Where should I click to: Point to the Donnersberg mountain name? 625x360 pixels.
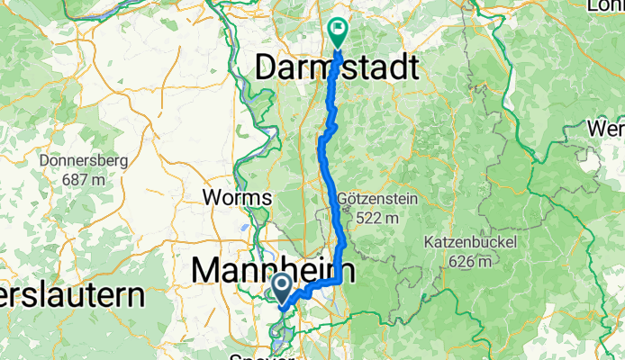[x=84, y=161]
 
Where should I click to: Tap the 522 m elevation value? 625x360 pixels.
[x=377, y=217]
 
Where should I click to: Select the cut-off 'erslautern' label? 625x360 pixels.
[x=72, y=295]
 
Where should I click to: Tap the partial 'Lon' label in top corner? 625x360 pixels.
[x=606, y=5]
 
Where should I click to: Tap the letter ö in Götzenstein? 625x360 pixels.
[x=352, y=199]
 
